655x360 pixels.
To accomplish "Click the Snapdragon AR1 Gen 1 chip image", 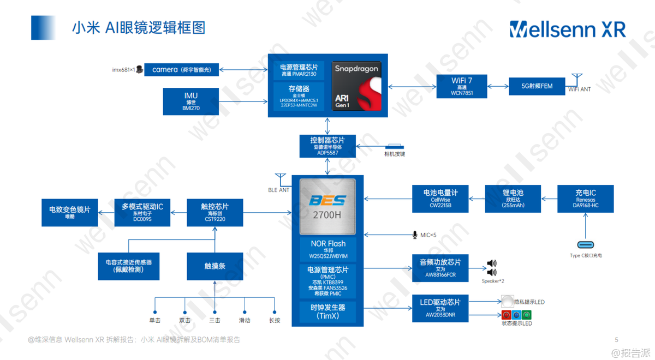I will pos(356,86).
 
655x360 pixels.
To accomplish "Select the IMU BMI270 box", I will pos(191,101).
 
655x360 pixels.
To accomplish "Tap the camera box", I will pos(181,69).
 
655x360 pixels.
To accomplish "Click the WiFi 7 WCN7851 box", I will pos(462,86).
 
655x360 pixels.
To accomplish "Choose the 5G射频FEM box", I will pos(537,86).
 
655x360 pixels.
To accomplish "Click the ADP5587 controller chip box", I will pos(327,146).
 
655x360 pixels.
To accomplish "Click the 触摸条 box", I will pos(215,266).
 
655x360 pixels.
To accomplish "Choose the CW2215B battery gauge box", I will pos(440,199).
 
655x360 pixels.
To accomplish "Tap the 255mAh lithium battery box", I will pos(513,199).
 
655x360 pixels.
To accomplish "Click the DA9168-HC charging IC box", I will pos(585,199).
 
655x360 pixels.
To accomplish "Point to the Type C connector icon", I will pos(586,244).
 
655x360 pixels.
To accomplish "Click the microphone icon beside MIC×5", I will pos(415,235).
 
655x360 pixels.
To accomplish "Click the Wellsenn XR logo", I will pos(568,29).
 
